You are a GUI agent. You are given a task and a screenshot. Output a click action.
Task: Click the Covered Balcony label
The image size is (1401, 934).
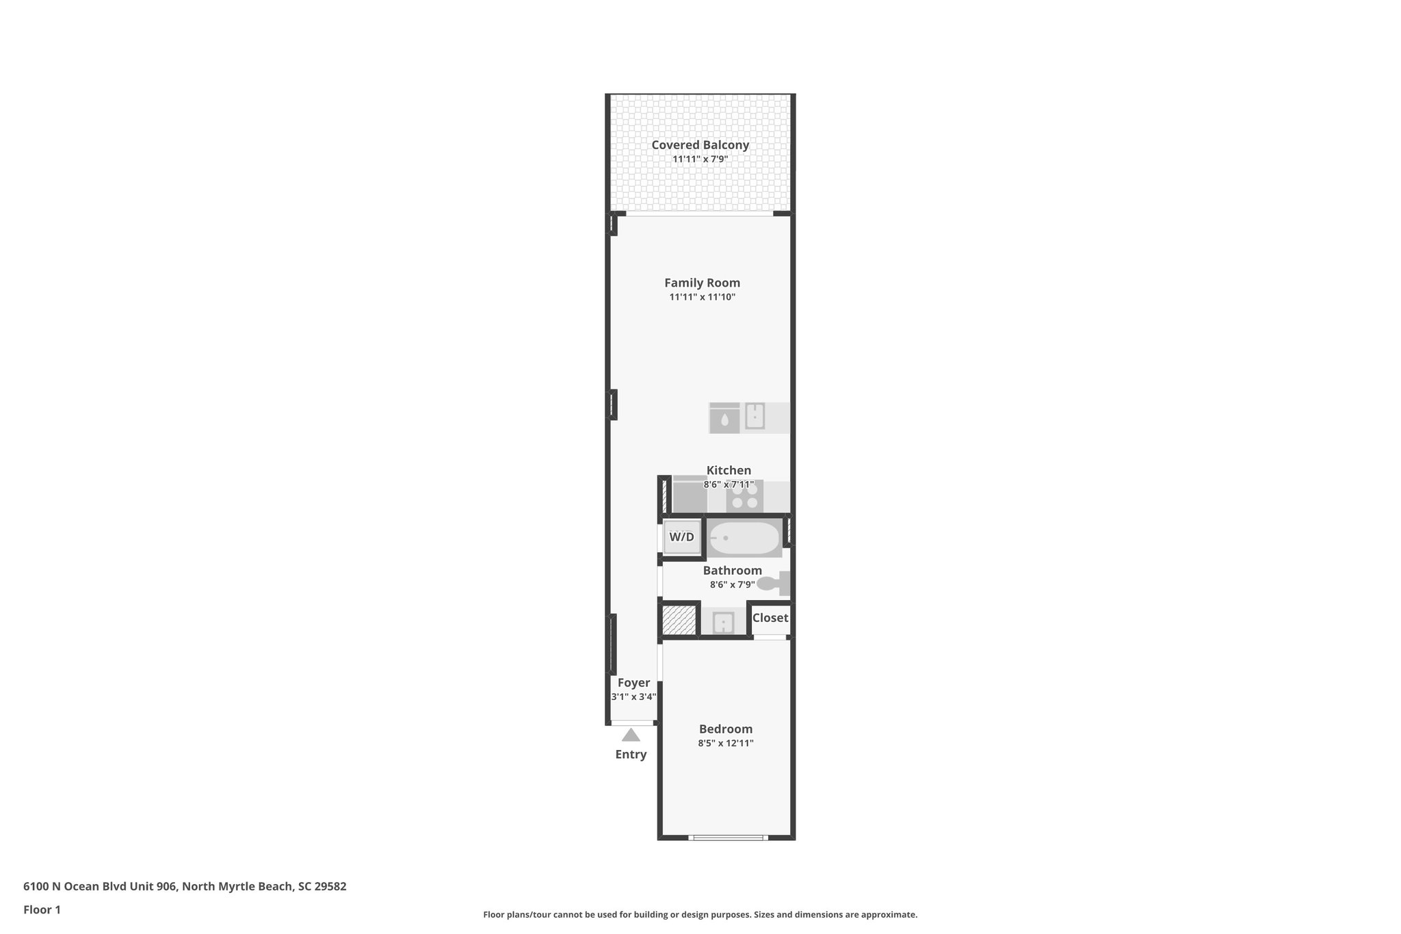tap(700, 145)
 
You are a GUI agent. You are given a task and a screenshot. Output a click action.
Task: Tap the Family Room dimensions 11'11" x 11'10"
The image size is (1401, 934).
tap(702, 297)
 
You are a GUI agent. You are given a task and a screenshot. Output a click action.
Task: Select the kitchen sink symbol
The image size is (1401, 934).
tap(755, 416)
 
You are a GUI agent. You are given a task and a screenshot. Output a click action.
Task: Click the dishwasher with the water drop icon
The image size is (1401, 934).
tap(724, 418)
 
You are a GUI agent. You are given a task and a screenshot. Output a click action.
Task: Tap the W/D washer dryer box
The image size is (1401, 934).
tap(681, 537)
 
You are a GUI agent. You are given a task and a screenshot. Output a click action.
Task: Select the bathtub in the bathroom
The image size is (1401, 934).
tap(744, 539)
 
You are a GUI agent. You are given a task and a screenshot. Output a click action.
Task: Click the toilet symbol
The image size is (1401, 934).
tap(775, 584)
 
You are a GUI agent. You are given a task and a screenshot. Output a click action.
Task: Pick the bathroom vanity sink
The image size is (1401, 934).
tap(723, 623)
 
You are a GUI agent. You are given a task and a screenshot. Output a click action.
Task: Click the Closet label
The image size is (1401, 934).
tap(770, 618)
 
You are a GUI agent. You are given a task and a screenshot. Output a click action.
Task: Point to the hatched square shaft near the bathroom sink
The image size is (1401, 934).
tap(679, 620)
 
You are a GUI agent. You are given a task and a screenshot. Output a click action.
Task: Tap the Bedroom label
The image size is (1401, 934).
tap(725, 729)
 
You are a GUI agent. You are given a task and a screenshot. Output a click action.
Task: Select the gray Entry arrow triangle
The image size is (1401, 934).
tap(631, 736)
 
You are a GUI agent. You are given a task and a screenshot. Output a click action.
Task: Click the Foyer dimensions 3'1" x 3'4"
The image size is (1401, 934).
tap(633, 697)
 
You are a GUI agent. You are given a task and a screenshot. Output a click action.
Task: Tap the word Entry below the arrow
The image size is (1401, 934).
tap(631, 755)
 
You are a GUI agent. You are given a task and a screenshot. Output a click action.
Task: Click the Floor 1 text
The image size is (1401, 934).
tap(42, 910)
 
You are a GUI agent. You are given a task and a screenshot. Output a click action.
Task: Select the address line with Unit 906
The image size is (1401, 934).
tap(185, 887)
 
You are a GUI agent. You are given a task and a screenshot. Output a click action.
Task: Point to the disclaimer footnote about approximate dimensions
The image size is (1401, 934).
tap(700, 915)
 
